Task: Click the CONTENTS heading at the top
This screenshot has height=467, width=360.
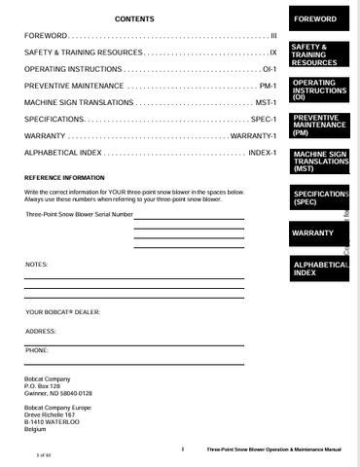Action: (x=134, y=19)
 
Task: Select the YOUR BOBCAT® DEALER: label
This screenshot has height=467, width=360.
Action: (x=63, y=312)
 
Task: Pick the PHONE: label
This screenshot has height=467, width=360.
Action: (x=37, y=348)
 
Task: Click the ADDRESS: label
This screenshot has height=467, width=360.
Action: (x=42, y=331)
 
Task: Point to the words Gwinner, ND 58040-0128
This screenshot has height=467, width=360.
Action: (x=58, y=393)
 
